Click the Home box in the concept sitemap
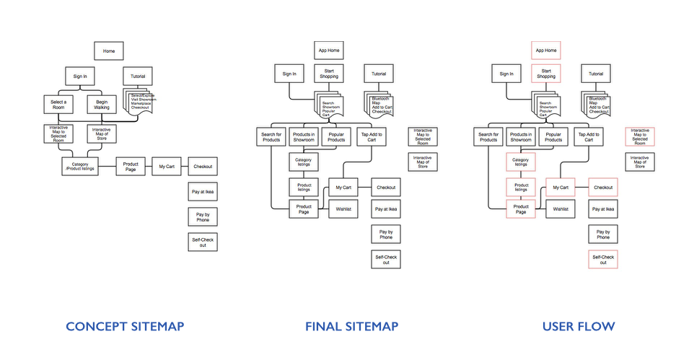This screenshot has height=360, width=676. (x=109, y=51)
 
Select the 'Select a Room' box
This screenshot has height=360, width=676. (x=58, y=105)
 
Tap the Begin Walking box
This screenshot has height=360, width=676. (x=102, y=105)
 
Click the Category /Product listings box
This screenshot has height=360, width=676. (x=79, y=166)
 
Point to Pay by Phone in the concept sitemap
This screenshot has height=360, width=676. (x=202, y=216)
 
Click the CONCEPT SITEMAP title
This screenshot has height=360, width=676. (x=125, y=327)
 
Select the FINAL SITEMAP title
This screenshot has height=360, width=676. (x=351, y=327)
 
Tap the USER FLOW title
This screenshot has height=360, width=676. (x=579, y=327)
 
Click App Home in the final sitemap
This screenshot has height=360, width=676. (x=329, y=51)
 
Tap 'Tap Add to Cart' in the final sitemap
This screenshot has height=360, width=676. (x=372, y=136)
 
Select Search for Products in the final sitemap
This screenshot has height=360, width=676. (x=271, y=136)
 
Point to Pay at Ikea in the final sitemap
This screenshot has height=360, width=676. (x=386, y=209)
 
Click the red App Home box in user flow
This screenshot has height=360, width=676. (x=546, y=51)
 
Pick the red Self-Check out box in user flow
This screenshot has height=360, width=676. (x=603, y=260)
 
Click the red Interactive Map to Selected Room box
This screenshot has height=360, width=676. (x=639, y=136)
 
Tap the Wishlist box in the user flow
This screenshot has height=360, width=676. (x=561, y=209)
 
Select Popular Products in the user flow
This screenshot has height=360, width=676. (x=553, y=136)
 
